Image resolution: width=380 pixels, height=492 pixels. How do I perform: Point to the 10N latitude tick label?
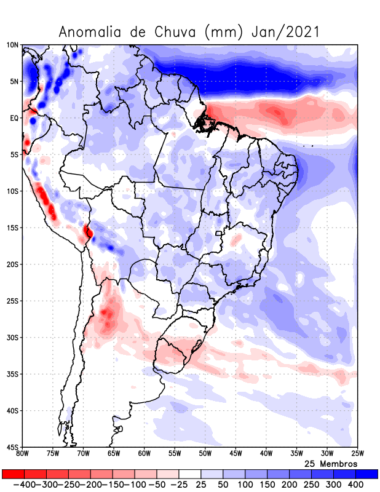point(12,45)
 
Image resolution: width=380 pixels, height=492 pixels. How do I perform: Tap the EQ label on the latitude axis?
point(14,118)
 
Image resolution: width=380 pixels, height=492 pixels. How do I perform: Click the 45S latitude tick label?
point(12,447)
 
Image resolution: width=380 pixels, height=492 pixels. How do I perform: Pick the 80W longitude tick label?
point(23,454)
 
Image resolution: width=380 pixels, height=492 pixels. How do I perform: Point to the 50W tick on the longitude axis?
point(205,454)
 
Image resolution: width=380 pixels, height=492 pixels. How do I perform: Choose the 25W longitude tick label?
point(357,454)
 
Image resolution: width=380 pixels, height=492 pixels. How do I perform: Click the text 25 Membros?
point(331,463)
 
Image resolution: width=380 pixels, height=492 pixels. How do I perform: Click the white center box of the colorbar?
point(190,474)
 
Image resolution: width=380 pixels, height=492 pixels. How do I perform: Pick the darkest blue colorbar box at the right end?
point(367,474)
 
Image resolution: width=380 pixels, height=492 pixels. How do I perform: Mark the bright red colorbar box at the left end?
point(13,474)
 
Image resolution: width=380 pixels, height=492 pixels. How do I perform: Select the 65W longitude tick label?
point(114,454)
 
